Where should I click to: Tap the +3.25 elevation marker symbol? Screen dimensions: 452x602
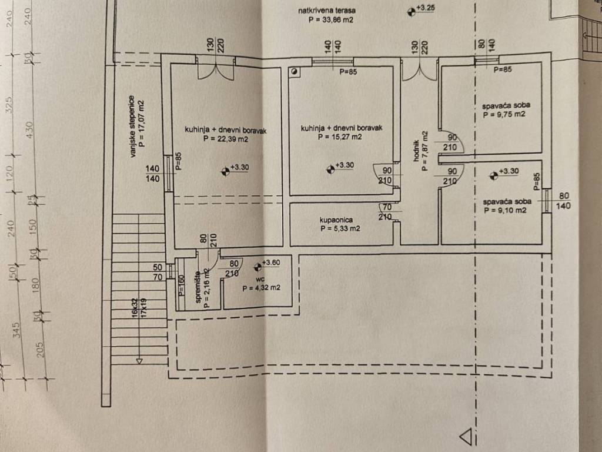click(410, 10)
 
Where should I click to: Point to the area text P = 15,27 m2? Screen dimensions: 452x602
click(339, 137)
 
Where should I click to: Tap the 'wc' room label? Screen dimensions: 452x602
click(257, 280)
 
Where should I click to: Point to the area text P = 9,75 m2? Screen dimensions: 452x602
click(504, 115)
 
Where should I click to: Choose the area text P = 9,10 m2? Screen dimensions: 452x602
click(504, 210)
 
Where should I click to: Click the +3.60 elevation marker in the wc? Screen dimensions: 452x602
click(257, 268)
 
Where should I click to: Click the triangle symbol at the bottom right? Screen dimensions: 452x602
click(466, 437)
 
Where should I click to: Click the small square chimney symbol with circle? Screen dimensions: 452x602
click(295, 72)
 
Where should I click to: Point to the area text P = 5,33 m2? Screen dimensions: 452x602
click(339, 229)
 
